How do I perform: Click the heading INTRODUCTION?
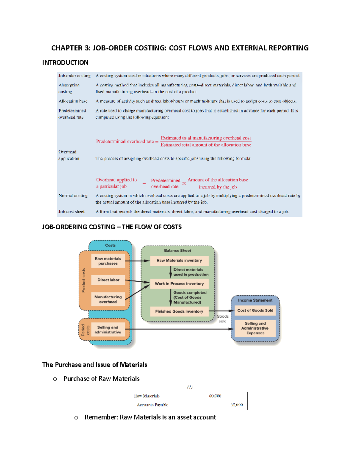coord(65,63)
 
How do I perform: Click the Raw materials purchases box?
coord(108,261)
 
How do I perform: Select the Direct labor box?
coord(108,280)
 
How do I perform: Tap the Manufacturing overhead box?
coord(108,299)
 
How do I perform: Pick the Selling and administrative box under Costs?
coord(108,330)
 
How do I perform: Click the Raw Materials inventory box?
coord(179,260)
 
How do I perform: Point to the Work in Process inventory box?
coord(179,284)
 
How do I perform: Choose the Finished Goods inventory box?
coord(179,311)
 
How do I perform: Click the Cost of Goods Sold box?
coord(255,310)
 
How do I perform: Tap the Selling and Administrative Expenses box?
coord(255,328)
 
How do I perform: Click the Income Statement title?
coord(255,300)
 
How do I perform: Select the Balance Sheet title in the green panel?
coord(177,250)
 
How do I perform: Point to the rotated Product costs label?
coord(84,280)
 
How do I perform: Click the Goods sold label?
coord(223,319)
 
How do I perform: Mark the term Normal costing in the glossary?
coord(73,196)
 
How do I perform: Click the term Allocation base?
coord(73,101)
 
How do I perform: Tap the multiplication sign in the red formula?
coord(184,183)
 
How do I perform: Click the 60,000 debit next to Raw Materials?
coord(215,396)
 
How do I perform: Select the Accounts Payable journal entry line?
coord(152,405)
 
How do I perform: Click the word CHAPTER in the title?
coord(67,48)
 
